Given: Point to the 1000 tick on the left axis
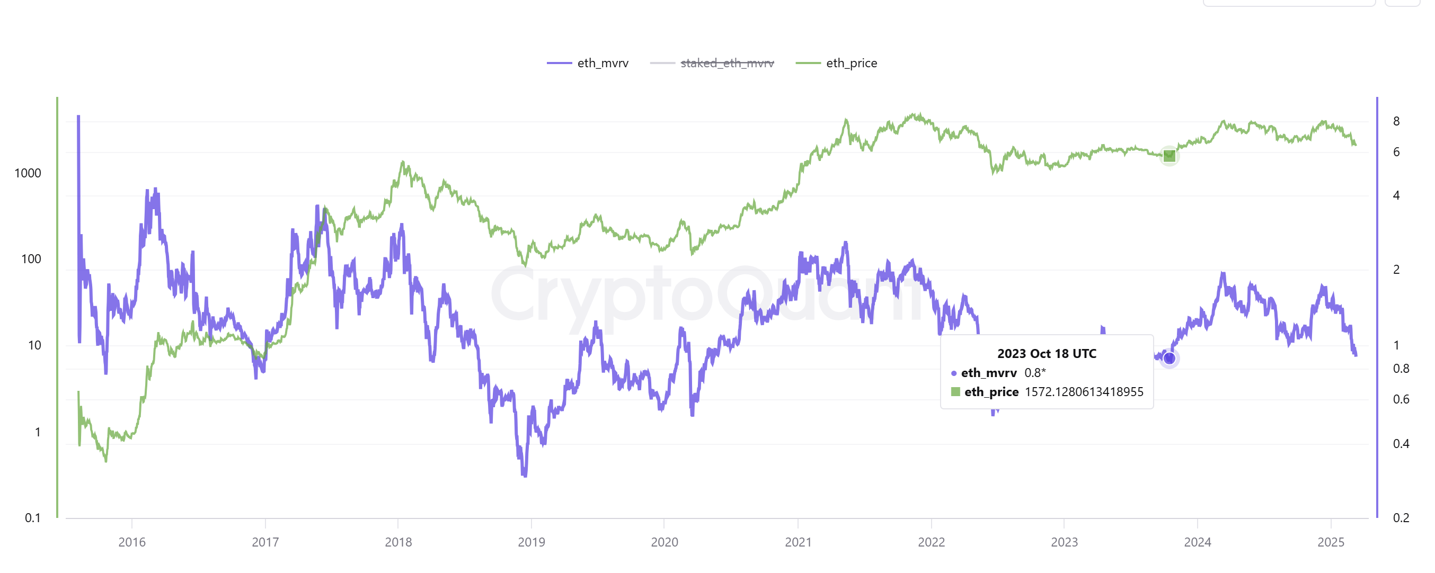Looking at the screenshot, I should click(28, 173).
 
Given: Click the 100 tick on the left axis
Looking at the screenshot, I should click(31, 259).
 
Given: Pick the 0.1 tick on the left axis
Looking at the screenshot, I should click(33, 518).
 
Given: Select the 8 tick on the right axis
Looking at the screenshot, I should click(1396, 121).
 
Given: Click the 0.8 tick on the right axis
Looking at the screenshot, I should click(1401, 369).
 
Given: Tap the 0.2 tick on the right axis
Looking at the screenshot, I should click(1401, 518).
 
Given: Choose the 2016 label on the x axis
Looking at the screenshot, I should click(132, 542).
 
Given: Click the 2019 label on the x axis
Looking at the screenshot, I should click(532, 542).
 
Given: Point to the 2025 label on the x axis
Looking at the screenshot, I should click(1330, 542).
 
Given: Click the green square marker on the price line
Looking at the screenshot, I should click(1170, 156).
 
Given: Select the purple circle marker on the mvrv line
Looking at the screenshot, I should click(1170, 358).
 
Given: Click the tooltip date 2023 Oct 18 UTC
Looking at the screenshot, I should click(1046, 354).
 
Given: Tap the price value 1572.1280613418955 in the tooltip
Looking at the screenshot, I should click(1084, 392).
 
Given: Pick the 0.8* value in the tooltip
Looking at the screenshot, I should click(1035, 372).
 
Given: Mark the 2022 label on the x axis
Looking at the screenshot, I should click(932, 542).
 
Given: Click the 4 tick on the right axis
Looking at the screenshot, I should click(1396, 195).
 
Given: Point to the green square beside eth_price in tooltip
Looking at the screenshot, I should click(955, 392).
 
